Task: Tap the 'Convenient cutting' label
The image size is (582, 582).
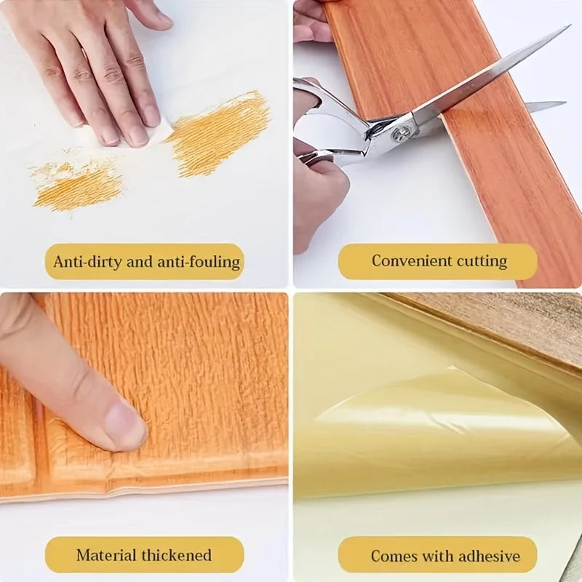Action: click(438, 261)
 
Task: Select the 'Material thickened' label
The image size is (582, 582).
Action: click(144, 555)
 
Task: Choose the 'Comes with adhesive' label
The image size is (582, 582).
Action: click(438, 556)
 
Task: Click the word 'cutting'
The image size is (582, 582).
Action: click(482, 261)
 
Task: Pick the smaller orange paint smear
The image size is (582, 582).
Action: click(76, 186)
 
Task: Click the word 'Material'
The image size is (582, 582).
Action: click(105, 555)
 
